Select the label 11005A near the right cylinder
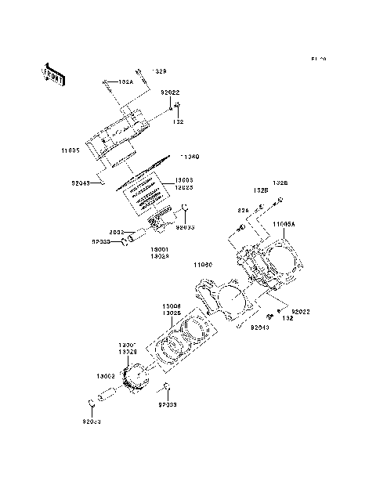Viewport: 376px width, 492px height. click(x=284, y=224)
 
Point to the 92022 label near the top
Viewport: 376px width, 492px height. click(x=170, y=92)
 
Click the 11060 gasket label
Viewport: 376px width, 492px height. click(x=204, y=265)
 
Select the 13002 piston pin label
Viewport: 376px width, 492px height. click(x=107, y=378)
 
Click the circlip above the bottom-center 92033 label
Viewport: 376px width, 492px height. click(x=166, y=388)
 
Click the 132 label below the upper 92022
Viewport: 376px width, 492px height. click(x=179, y=122)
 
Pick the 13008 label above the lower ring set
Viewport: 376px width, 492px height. click(x=172, y=306)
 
